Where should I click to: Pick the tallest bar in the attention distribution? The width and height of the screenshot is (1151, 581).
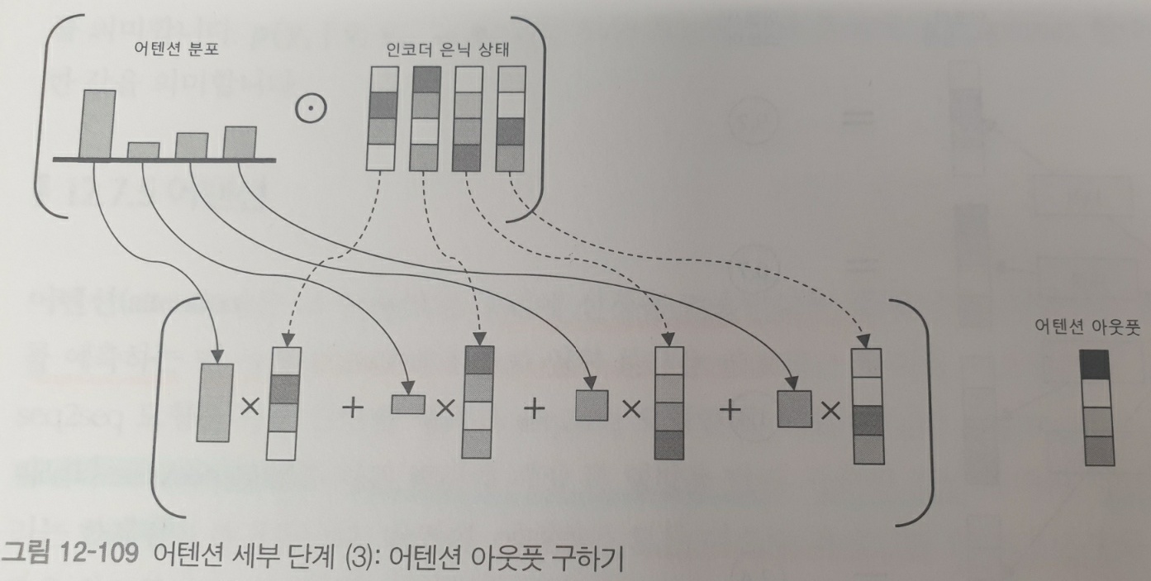(98, 122)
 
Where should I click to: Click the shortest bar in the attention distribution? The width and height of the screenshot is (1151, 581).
(143, 150)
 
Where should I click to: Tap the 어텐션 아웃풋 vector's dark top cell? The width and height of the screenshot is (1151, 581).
(1096, 364)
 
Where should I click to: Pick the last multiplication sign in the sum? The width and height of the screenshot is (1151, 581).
(830, 408)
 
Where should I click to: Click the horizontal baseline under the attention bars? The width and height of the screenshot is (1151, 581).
(165, 159)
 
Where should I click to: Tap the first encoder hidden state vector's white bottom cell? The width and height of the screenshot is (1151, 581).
(380, 158)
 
